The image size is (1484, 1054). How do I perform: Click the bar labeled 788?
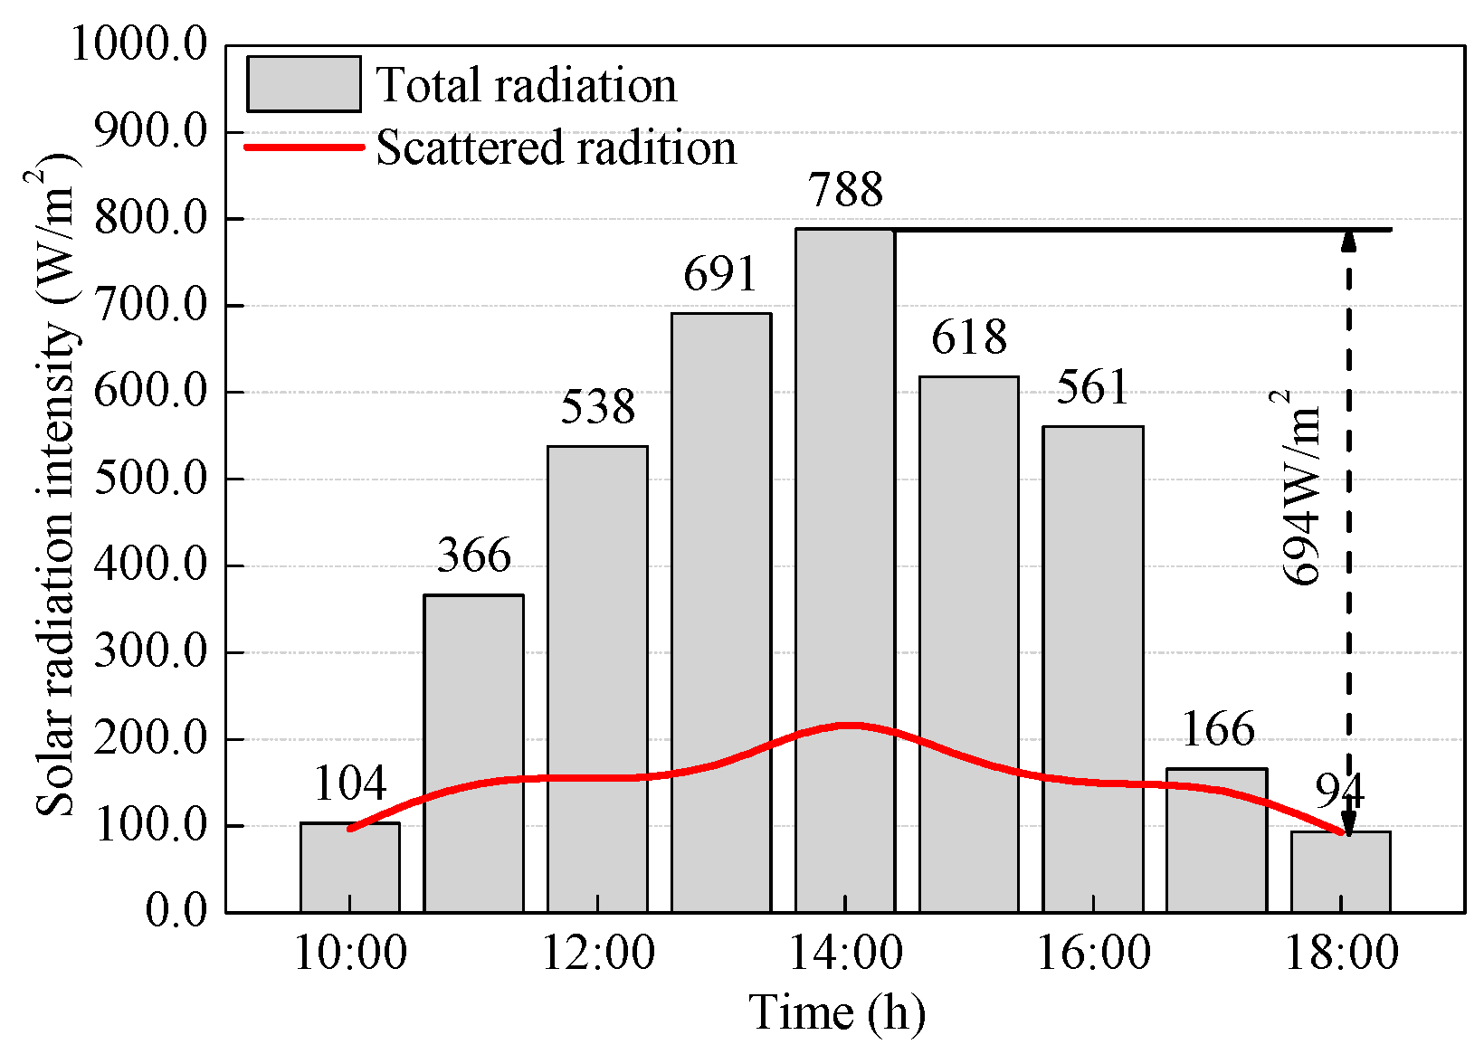pyautogui.click(x=845, y=570)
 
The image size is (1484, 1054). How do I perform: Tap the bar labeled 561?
pyautogui.click(x=1092, y=669)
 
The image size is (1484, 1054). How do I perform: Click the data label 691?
pyautogui.click(x=720, y=274)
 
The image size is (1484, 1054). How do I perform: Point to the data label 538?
pyautogui.click(x=597, y=407)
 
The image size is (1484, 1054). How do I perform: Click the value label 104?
pyautogui.click(x=350, y=783)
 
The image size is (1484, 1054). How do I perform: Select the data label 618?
pyautogui.click(x=969, y=337)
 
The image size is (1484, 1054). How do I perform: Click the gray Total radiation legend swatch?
pyautogui.click(x=304, y=85)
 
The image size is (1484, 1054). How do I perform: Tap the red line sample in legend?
pyautogui.click(x=304, y=147)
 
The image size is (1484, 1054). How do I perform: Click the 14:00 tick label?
pyautogui.click(x=845, y=953)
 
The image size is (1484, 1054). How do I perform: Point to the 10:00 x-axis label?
pyautogui.click(x=350, y=953)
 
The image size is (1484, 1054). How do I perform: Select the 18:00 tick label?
pyautogui.click(x=1341, y=953)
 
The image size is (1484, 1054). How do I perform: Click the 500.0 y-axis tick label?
pyautogui.click(x=150, y=479)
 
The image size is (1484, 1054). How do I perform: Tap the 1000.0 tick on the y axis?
pyautogui.click(x=139, y=44)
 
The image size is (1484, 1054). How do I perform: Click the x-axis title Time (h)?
pyautogui.click(x=837, y=1012)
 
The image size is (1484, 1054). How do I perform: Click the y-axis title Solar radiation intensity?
pyautogui.click(x=56, y=489)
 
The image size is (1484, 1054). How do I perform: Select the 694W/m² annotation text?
pyautogui.click(x=1303, y=489)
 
